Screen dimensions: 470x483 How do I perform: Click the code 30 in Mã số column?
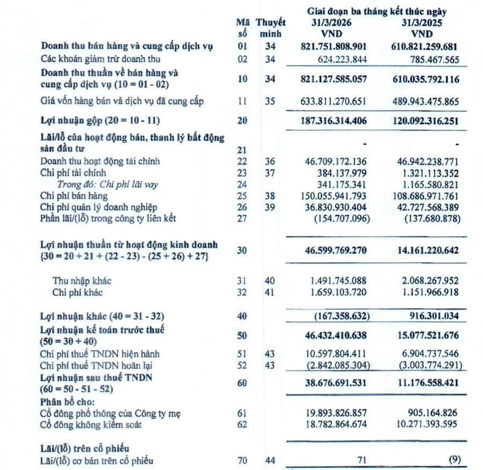point(242,250)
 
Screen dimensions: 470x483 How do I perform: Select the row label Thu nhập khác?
point(82,281)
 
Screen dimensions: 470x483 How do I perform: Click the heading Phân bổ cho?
point(66,401)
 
